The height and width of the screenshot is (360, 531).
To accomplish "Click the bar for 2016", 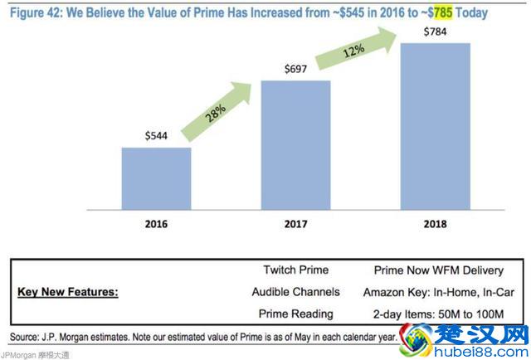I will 157,179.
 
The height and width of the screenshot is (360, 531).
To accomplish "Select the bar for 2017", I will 295,146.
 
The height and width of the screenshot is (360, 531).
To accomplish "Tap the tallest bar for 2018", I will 435,127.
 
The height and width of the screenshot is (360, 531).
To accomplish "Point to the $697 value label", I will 295,70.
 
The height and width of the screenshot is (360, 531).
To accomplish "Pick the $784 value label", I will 435,32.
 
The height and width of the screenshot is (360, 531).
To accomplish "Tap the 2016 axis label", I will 156,225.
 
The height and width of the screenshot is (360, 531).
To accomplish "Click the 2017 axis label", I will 295,225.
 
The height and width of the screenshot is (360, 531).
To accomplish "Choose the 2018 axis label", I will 435,225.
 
